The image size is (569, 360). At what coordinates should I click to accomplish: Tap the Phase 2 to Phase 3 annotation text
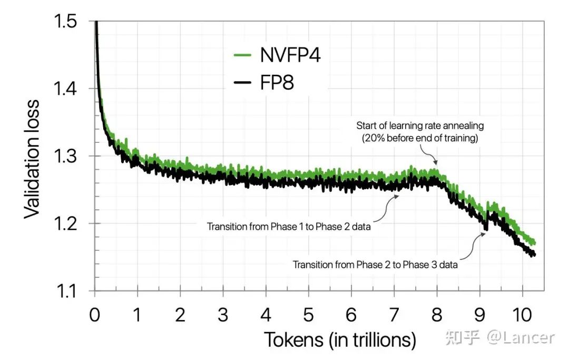click(375, 265)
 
